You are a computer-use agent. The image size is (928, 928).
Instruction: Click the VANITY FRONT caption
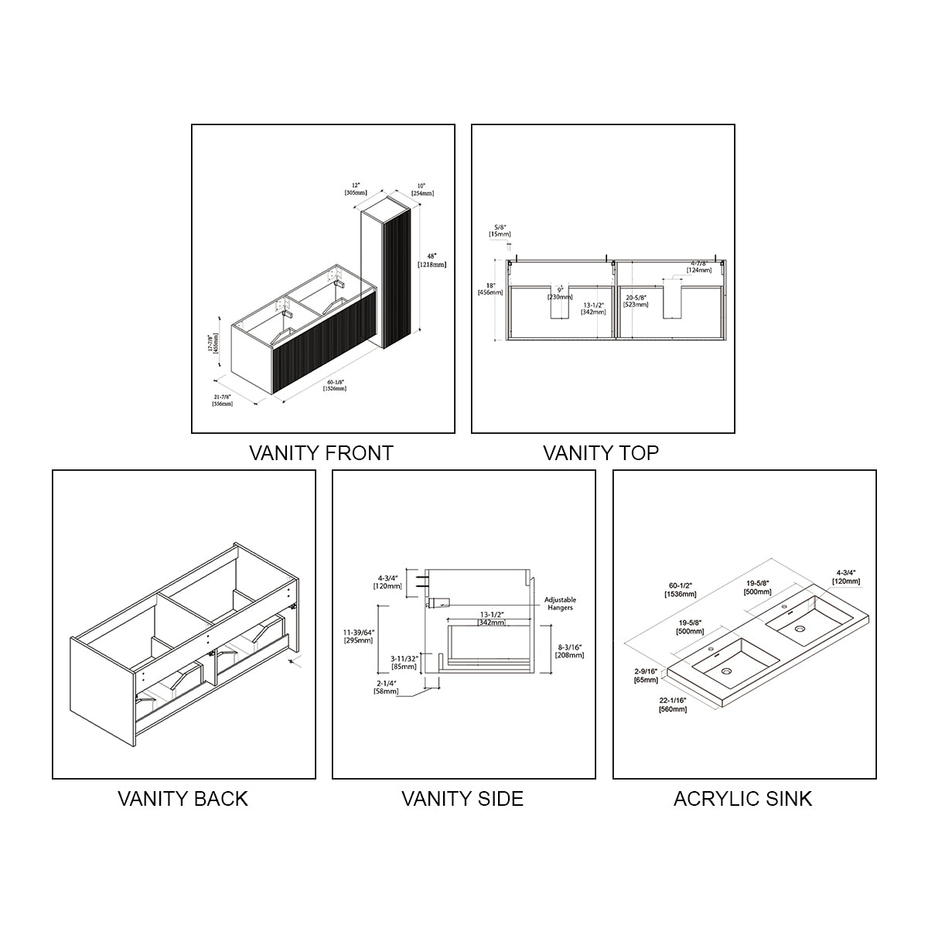point(321,453)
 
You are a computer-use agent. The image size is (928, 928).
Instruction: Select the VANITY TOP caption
point(601,453)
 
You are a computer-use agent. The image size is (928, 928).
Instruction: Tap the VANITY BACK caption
point(183,798)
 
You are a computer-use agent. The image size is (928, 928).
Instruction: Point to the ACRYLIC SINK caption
point(742,798)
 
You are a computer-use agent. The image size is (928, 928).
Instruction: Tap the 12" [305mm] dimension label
point(356,189)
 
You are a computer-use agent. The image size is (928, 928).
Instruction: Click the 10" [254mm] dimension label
point(421,189)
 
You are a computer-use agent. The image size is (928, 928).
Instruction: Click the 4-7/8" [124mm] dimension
point(698,266)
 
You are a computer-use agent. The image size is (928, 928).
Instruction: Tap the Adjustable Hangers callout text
point(560,603)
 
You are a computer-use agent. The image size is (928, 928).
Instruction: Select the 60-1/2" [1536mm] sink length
point(681,590)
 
